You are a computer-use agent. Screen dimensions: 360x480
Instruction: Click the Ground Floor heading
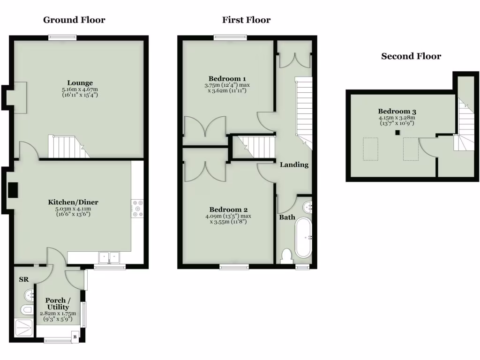[74, 20]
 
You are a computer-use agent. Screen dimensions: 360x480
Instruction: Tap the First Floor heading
[246, 20]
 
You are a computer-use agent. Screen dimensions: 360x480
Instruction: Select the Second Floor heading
[411, 56]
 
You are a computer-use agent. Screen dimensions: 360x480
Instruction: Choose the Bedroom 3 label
[396, 111]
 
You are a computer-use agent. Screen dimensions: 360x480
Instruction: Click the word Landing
[294, 165]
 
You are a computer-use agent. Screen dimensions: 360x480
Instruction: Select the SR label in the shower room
[23, 279]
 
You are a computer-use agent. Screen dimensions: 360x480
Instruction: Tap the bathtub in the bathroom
[303, 237]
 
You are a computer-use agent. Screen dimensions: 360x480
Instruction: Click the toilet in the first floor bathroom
[286, 256]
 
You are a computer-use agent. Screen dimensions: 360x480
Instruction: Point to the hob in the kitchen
[138, 208]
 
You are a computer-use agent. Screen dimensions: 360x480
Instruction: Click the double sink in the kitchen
[109, 257]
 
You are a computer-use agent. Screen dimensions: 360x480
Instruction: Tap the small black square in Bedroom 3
[397, 133]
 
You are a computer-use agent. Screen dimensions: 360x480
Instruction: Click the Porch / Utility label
[58, 303]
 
